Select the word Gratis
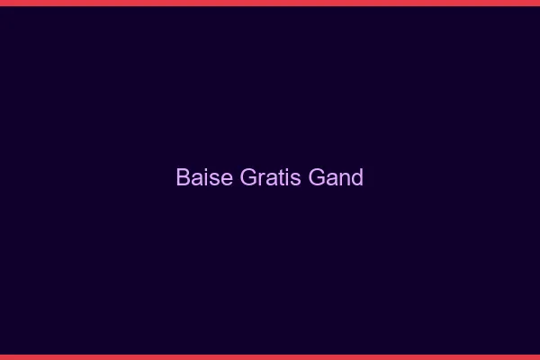tap(268, 177)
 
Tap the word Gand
tap(336, 177)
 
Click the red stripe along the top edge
tap(270, 3)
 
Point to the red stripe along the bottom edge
tap(270, 356)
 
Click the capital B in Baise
tap(182, 177)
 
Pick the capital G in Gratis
tap(247, 177)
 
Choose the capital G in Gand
tap(316, 177)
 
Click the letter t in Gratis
tap(275, 178)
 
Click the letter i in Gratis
tap(281, 177)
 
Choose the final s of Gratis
tap(288, 179)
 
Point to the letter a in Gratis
tap(267, 179)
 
